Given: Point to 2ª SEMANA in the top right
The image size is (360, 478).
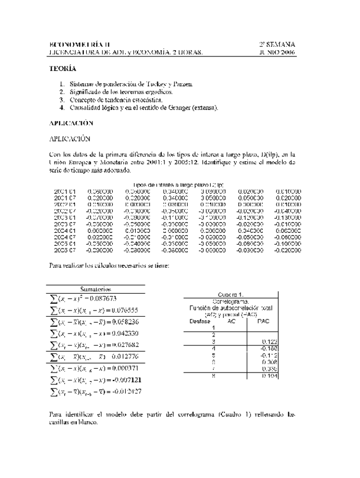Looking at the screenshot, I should [277, 45].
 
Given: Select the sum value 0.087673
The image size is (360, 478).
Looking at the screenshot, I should [103, 298].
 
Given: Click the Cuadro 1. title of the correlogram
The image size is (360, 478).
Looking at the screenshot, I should [230, 294].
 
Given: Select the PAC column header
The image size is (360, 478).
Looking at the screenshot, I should [263, 321].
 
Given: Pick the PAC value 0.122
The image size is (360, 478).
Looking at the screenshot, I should [269, 342].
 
